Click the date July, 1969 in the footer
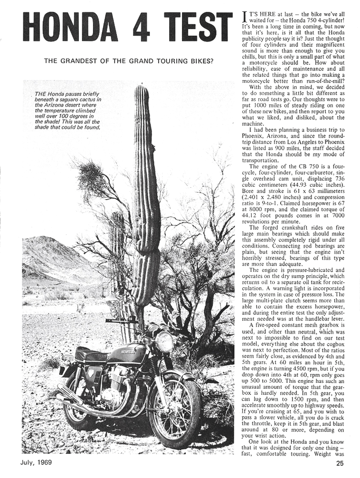tap(36, 463)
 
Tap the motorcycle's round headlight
tap(164, 342)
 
